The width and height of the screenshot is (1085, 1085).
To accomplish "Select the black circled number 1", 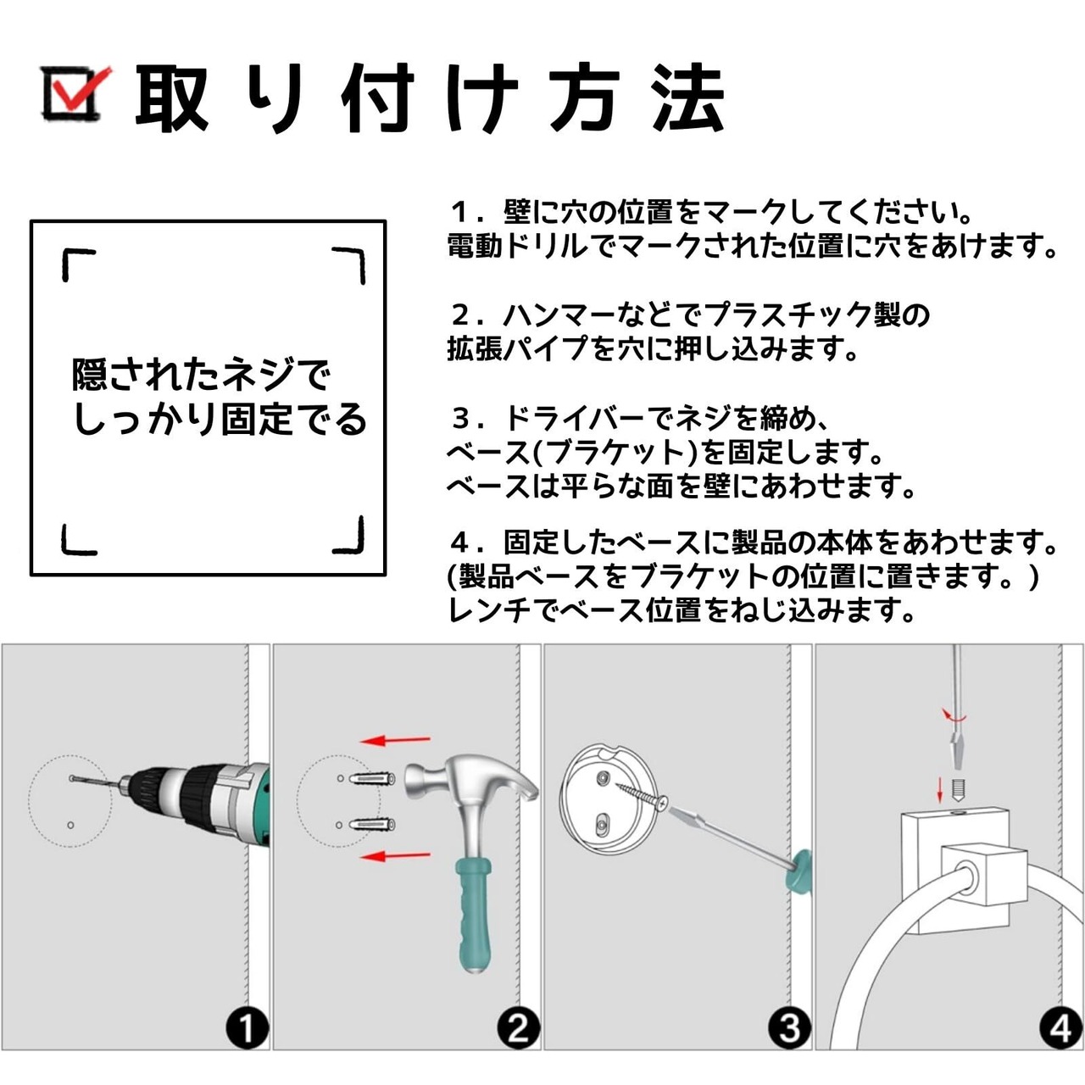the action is click(x=248, y=1029).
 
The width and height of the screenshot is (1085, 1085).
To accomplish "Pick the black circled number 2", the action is click(x=519, y=1029).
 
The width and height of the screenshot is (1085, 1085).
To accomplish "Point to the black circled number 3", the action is click(x=789, y=1029).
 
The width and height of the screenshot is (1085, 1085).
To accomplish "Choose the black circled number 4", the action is click(x=1060, y=1029).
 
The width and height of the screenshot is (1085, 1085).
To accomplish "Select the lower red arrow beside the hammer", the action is click(x=395, y=856).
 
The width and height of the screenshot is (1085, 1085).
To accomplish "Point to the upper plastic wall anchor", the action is click(x=372, y=780).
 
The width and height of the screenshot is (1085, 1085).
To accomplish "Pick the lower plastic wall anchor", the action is click(x=372, y=826).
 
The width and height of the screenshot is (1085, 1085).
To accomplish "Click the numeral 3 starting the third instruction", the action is click(x=462, y=419).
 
